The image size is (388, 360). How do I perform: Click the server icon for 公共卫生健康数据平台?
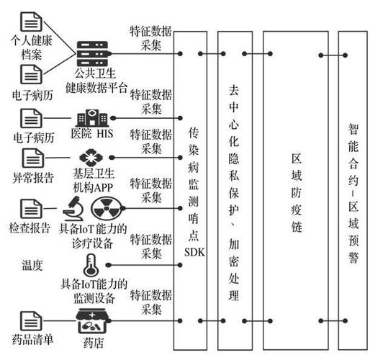point(92,53)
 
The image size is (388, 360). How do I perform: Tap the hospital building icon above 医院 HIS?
point(92,118)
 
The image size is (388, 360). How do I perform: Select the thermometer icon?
point(91,265)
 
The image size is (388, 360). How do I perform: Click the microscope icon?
point(73,208)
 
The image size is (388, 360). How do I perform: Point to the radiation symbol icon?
point(107,208)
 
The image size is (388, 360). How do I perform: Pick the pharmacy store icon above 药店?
point(92,321)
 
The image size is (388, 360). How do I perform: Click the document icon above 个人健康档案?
point(31,22)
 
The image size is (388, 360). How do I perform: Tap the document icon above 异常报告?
point(33,158)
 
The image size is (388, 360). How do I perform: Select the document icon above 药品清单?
point(31,321)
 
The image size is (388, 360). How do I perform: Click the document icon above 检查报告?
point(31,209)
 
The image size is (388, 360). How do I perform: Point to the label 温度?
point(32,265)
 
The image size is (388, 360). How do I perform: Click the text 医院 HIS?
point(92,134)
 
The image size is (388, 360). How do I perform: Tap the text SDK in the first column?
point(195,252)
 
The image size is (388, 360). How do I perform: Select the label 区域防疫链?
point(297,193)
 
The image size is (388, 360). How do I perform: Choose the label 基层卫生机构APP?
point(94,181)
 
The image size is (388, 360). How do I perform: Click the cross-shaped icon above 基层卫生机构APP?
point(91,158)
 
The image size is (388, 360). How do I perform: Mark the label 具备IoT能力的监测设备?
point(94,291)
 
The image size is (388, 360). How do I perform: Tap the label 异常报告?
point(33,177)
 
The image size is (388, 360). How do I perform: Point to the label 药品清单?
point(32,339)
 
